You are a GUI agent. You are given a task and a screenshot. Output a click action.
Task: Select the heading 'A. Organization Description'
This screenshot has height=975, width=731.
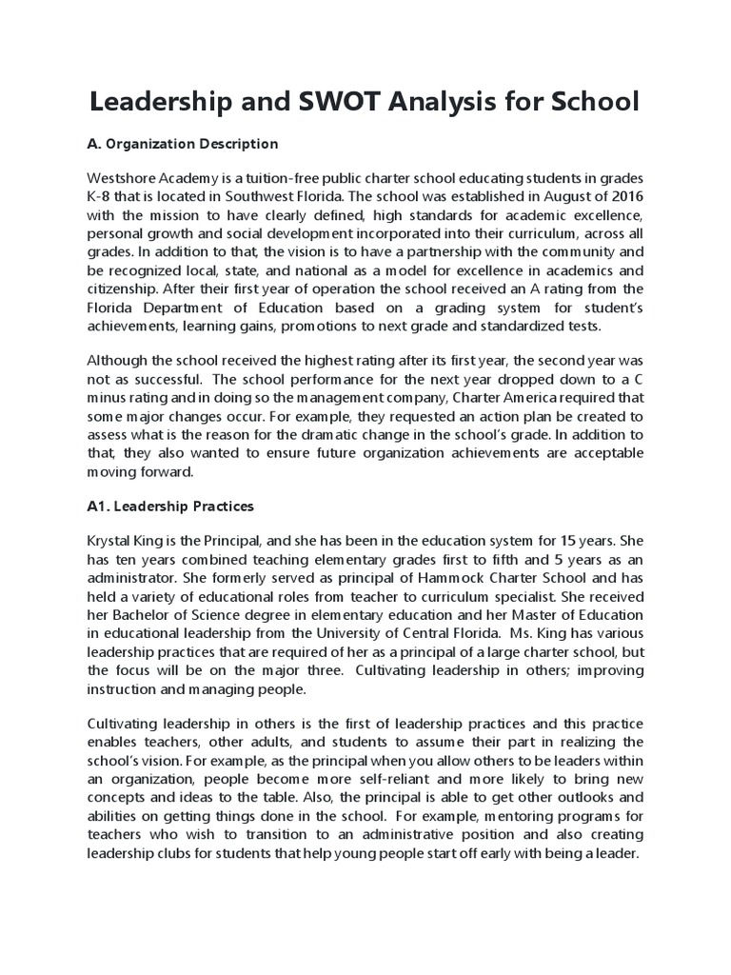pyautogui.click(x=183, y=144)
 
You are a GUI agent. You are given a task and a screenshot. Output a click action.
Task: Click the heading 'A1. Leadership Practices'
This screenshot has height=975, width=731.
pyautogui.click(x=170, y=506)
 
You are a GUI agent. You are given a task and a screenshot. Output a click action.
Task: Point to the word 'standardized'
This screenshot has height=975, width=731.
pyautogui.click(x=524, y=325)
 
